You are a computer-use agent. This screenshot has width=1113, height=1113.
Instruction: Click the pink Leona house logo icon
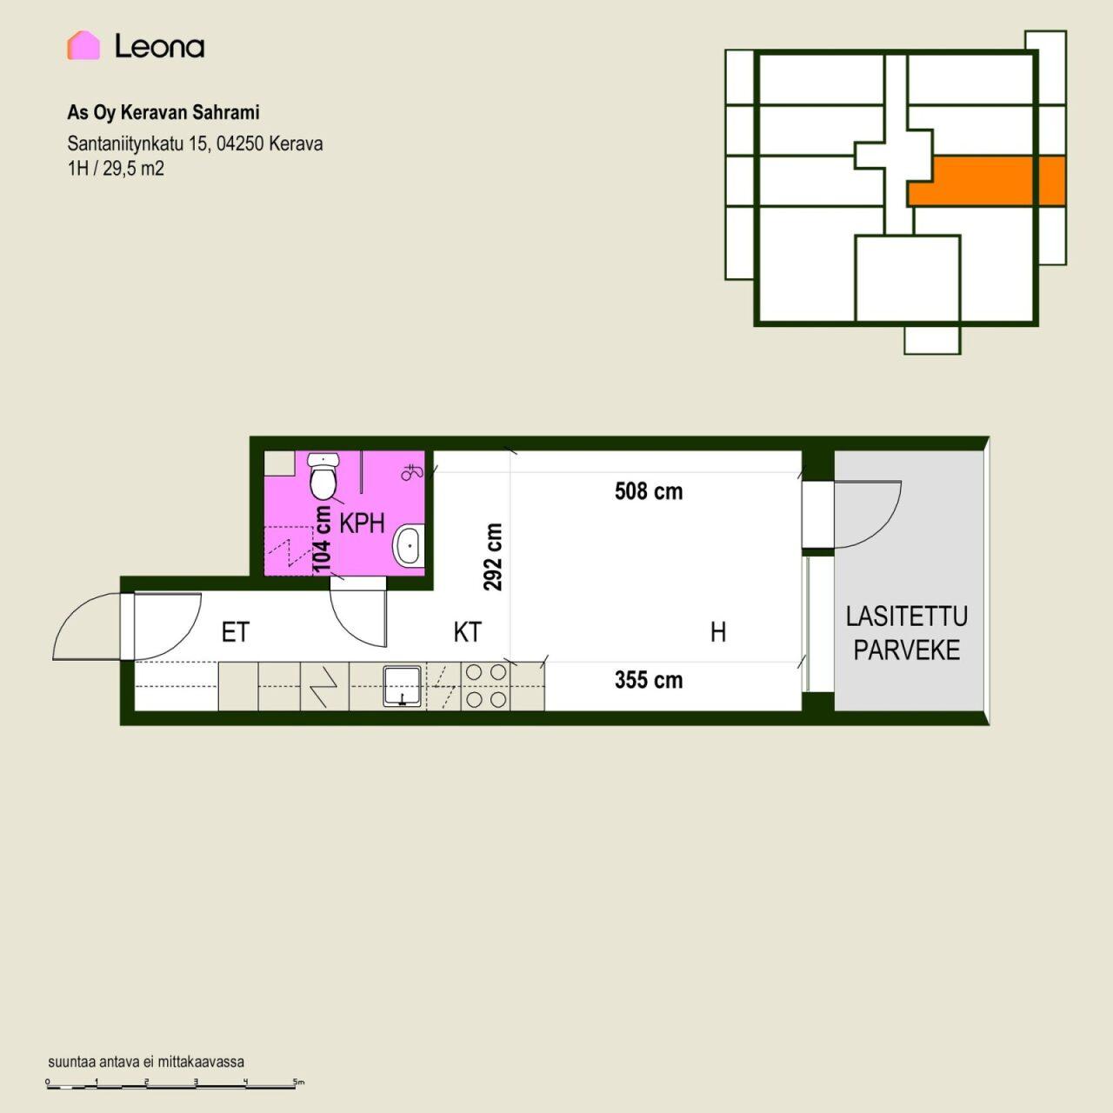(x=83, y=45)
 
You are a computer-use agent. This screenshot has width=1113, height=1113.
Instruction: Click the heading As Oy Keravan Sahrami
(x=163, y=113)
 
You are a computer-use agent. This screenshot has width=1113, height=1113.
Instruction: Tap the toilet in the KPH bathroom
(x=323, y=477)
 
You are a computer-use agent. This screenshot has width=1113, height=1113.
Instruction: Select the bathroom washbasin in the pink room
(x=409, y=545)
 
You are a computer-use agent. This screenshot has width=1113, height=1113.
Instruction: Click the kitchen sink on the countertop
(x=402, y=685)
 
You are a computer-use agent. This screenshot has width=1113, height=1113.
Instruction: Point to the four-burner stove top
(x=486, y=685)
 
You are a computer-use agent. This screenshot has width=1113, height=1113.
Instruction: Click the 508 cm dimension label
(x=649, y=491)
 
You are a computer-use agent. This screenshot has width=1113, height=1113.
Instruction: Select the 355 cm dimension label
(x=649, y=680)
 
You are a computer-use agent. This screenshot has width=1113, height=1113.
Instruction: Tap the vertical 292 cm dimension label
(x=493, y=556)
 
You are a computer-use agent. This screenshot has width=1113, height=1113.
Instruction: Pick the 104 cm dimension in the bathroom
(x=322, y=539)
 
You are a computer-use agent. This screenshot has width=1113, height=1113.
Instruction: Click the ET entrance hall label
(x=235, y=632)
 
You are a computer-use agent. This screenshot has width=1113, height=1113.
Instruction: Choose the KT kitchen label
(x=467, y=632)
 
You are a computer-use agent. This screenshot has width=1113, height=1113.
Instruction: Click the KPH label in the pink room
(x=362, y=523)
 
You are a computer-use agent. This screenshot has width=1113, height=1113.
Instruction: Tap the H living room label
(x=718, y=632)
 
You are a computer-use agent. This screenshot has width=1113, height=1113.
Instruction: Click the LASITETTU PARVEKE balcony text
(x=907, y=634)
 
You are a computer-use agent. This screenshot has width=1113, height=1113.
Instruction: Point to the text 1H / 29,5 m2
(x=116, y=169)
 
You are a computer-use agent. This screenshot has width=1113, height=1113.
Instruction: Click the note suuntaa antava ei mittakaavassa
(x=146, y=1062)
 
